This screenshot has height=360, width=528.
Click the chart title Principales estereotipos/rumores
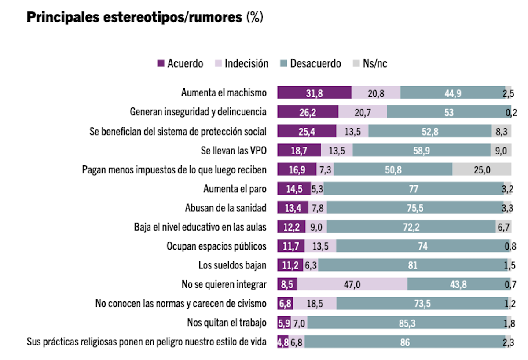point(135,18)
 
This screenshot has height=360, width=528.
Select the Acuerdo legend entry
point(180,64)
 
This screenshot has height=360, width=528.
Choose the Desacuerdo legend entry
point(310,64)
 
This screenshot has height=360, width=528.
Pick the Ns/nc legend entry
point(370,64)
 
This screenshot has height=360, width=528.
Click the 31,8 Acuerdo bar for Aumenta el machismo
point(314,93)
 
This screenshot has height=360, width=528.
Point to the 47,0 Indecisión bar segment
point(352,285)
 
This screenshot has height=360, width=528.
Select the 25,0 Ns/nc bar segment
point(482,169)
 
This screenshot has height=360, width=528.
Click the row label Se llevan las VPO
point(233,151)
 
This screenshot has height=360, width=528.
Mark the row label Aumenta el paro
point(235,189)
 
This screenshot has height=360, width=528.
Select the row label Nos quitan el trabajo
point(227,323)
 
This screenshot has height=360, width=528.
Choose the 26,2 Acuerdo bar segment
point(308,112)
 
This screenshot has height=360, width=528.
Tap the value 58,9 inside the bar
point(422,151)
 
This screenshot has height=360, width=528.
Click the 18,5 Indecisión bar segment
point(315,304)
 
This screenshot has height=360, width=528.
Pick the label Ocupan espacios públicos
point(216,246)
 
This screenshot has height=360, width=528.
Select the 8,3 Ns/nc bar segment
point(502,131)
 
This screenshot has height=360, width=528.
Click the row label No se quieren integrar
point(224,285)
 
